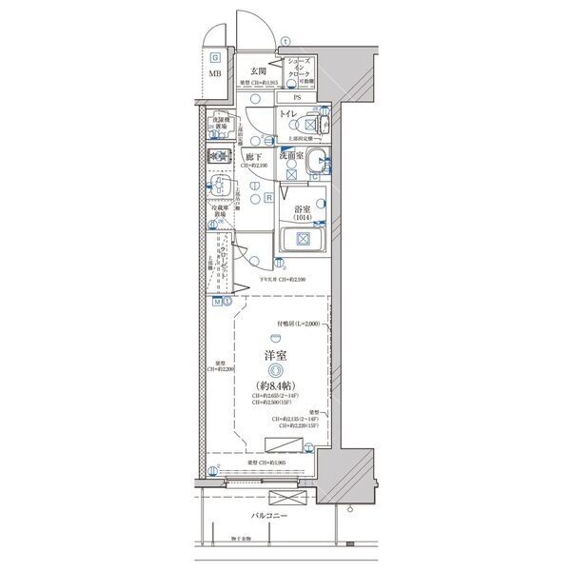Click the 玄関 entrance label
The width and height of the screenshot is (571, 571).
click(x=257, y=71)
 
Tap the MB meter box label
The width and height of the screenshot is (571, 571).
click(x=216, y=74)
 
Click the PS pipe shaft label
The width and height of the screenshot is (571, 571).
click(x=296, y=97)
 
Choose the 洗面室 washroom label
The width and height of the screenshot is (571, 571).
click(x=291, y=154)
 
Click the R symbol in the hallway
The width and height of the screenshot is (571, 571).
click(x=269, y=198)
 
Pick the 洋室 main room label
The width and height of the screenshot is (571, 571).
click(x=275, y=357)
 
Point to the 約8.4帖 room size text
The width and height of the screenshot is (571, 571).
click(x=275, y=384)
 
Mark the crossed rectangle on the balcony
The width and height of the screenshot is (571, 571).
click(x=283, y=499)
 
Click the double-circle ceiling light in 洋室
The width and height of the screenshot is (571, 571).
click(x=275, y=370)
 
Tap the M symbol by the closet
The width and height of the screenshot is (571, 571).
click(x=217, y=303)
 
